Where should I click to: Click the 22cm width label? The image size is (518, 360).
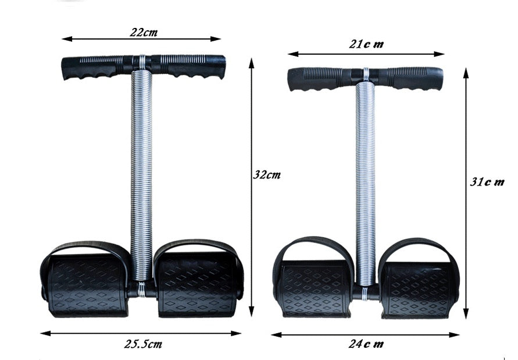[144, 32]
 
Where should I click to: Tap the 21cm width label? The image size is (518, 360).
[366, 45]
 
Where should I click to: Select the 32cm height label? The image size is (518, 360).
[267, 174]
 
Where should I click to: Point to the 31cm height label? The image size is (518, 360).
[487, 181]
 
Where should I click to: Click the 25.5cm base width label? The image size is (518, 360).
[142, 344]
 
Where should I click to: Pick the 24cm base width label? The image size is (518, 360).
[366, 344]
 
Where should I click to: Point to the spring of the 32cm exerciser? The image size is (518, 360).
[141, 174]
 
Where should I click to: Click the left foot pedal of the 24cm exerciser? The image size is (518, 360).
[315, 288]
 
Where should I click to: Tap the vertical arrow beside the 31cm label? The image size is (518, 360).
[466, 244]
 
